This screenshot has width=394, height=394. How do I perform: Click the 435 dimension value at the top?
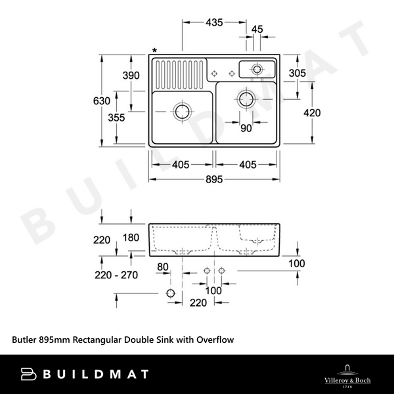pyautogui.click(x=214, y=22)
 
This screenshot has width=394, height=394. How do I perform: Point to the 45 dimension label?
pyautogui.click(x=257, y=29)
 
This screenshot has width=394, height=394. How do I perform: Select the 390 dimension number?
pyautogui.click(x=131, y=76)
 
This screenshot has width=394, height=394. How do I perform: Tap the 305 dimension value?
pyautogui.click(x=297, y=73)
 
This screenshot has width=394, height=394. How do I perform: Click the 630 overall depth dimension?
pyautogui.click(x=101, y=101)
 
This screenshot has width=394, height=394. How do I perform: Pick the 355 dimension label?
pyautogui.click(x=116, y=118)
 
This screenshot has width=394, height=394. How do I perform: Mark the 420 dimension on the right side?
pyautogui.click(x=312, y=113)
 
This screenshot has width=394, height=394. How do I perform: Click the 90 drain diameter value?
pyautogui.click(x=246, y=129)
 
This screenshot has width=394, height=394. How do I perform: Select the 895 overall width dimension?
pyautogui.click(x=214, y=179)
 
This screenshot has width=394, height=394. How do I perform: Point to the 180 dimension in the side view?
pyautogui.click(x=131, y=237)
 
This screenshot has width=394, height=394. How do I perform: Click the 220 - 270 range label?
pyautogui.click(x=116, y=275)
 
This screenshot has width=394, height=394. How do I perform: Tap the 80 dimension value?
pyautogui.click(x=164, y=267)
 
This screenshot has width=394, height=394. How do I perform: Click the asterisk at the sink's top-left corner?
pyautogui.click(x=155, y=51)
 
